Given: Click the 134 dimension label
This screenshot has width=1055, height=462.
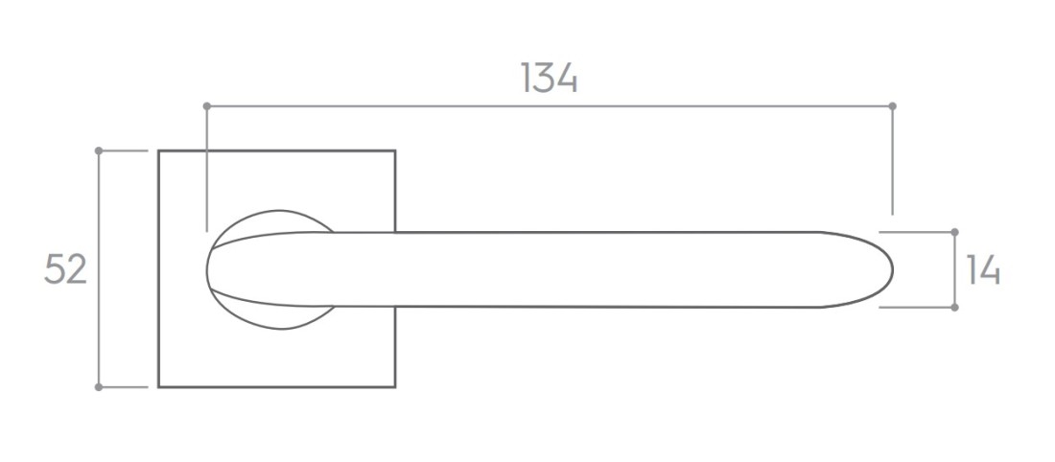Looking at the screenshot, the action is point(549,78).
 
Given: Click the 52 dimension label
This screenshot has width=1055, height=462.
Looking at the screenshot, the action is point(66,269).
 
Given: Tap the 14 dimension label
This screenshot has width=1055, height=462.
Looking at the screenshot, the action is point(983,269).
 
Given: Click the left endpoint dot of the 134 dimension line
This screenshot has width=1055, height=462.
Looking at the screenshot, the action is point(206,106).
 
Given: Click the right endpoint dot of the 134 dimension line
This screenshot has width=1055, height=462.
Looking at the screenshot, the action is point(892,106).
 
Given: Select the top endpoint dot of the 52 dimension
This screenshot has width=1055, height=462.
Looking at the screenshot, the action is point(99,150).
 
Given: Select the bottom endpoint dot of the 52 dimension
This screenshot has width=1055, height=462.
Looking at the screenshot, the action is point(99,387).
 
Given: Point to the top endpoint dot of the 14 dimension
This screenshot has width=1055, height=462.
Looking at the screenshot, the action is point(954,232).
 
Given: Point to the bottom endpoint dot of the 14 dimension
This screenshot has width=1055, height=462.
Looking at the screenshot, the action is point(954,308).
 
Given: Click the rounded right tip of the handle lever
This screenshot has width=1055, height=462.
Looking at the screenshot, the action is point(892,269).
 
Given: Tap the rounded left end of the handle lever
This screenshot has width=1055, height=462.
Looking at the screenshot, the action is point(207,269).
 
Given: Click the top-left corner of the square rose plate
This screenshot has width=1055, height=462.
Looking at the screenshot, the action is point(159,150).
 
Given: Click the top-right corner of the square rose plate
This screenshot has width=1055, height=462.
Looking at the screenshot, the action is point(395,150).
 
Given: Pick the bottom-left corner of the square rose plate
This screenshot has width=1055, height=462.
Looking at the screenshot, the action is point(159,387).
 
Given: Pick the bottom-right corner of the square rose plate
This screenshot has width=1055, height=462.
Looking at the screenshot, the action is point(395,387).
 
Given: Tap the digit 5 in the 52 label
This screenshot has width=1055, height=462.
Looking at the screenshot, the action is point(56,269).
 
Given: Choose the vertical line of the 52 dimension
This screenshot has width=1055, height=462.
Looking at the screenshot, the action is point(99,269).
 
